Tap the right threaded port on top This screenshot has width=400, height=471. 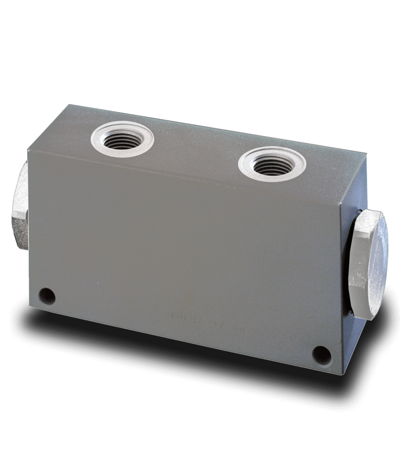tap(272, 164)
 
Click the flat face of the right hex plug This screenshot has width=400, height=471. tap(375, 264)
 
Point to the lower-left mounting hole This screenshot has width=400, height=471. tap(47, 296)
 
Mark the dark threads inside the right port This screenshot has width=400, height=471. tap(272, 166)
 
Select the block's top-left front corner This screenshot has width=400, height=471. tap(28, 150)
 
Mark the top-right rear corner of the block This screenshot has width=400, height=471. tap(366, 153)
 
